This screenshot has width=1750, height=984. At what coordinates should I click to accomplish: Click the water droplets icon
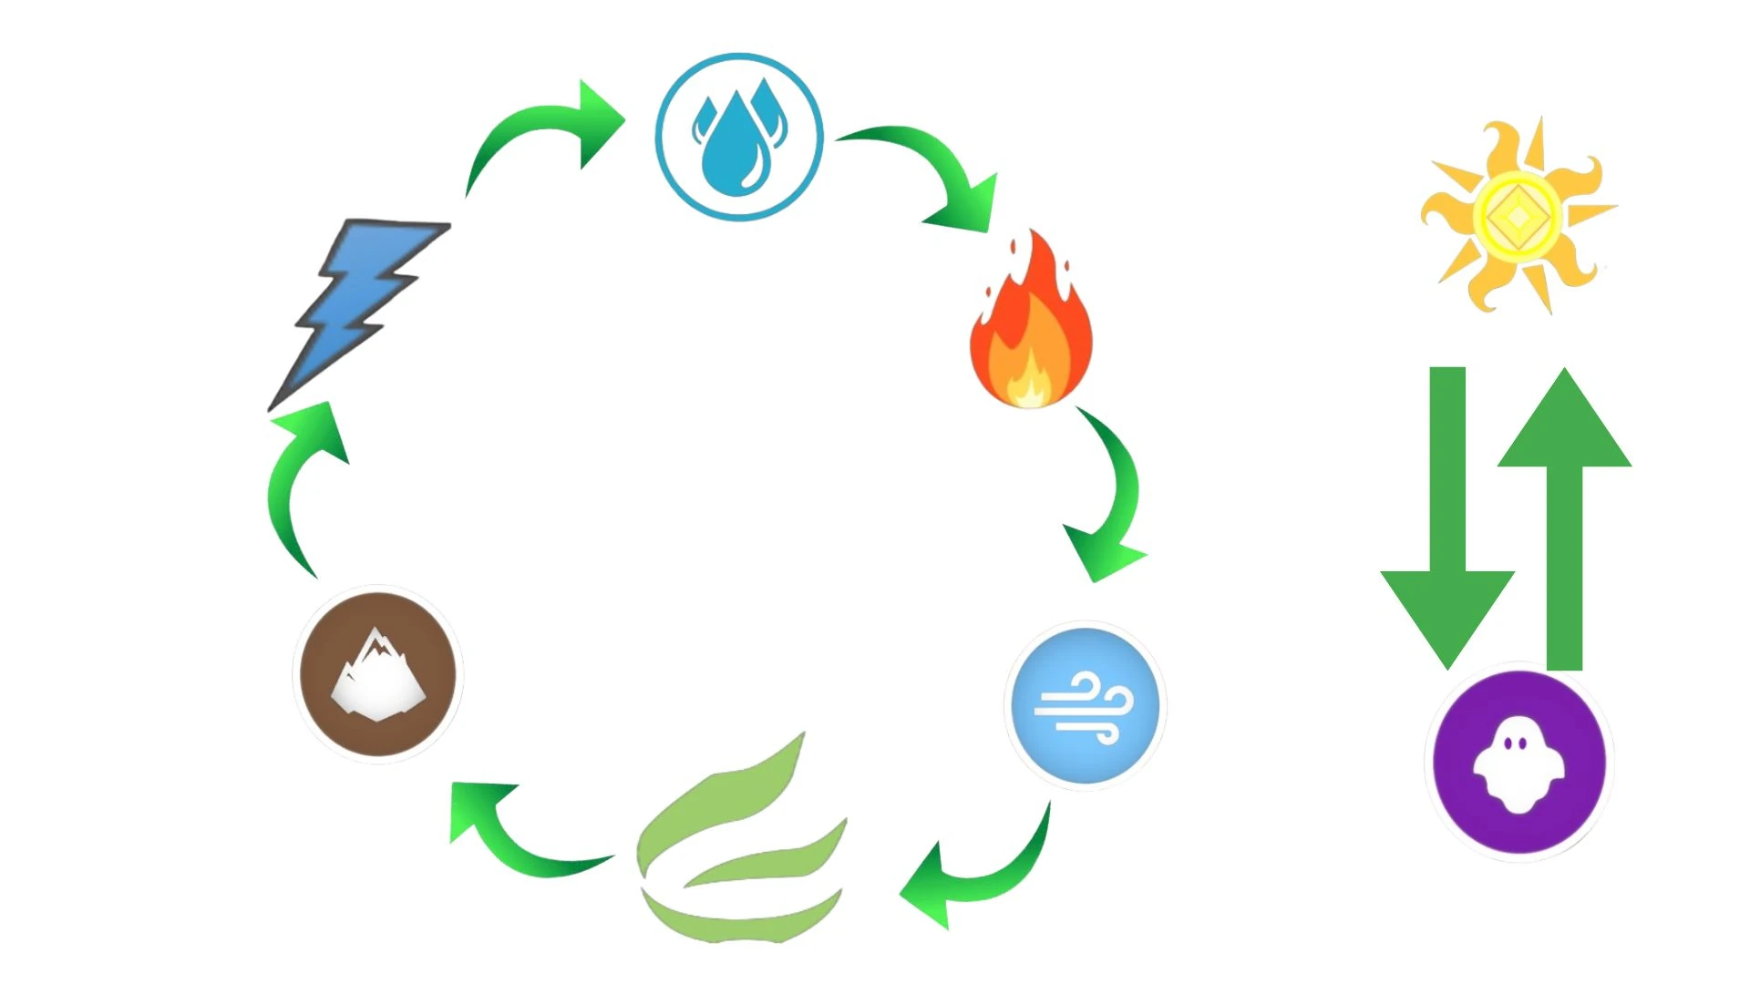pos(739,138)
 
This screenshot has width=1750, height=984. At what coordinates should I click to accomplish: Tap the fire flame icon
pos(1031,323)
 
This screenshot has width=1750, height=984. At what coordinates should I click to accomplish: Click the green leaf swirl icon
pos(740,847)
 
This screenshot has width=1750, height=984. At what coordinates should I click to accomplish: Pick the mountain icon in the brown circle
pos(378,674)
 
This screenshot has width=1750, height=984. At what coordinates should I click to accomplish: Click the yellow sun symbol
pos(1518,216)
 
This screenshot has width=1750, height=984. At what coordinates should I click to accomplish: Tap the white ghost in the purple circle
pos(1518,764)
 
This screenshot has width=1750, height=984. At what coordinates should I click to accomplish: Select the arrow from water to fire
pos(939,169)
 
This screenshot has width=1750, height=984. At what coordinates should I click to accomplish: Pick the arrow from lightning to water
pos(538,132)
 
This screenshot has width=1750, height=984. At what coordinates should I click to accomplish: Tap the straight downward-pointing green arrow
pos(1447,519)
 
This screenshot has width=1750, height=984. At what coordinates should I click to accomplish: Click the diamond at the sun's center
pos(1518,217)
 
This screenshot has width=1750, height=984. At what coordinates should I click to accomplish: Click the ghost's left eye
pos(1508,743)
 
